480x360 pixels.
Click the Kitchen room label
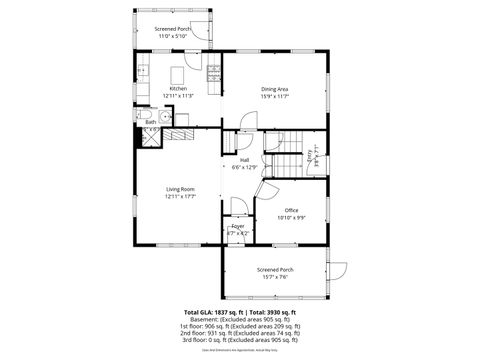[x=178, y=89]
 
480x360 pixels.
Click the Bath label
[x=151, y=122]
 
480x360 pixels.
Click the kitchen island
[x=180, y=75]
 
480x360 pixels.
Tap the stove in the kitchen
[x=213, y=74]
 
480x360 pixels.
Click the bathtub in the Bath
[x=150, y=138]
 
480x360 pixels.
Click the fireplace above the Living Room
[x=179, y=132]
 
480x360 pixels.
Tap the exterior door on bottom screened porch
[x=338, y=268]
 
